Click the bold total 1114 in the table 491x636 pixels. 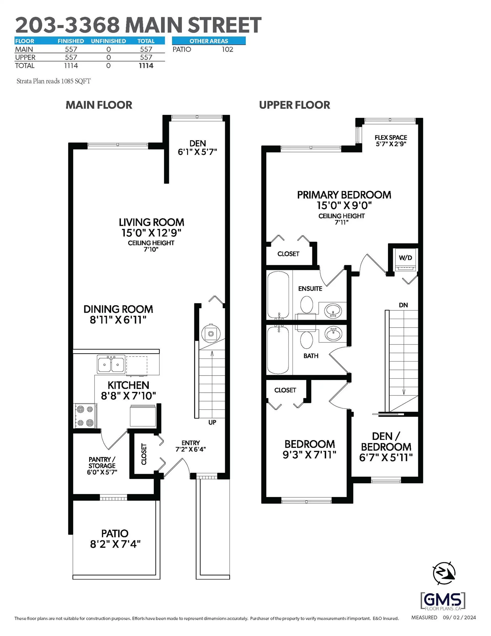(146, 66)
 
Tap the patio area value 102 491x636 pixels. (227, 49)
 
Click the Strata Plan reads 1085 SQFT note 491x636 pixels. (53, 81)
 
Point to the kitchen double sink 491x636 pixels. (111, 364)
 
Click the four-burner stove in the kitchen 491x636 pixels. (85, 416)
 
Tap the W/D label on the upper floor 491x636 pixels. (405, 257)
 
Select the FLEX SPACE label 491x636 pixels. (390, 137)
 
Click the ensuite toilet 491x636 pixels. (306, 305)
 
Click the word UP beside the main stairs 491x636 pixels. (212, 422)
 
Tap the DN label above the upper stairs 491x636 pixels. (403, 305)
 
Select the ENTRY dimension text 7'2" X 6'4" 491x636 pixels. (190, 449)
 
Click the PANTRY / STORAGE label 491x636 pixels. (102, 462)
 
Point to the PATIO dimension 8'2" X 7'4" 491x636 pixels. (115, 544)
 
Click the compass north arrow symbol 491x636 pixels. (444, 573)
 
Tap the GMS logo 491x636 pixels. (443, 601)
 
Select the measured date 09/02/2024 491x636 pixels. (459, 617)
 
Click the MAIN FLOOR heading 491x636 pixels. (99, 105)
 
